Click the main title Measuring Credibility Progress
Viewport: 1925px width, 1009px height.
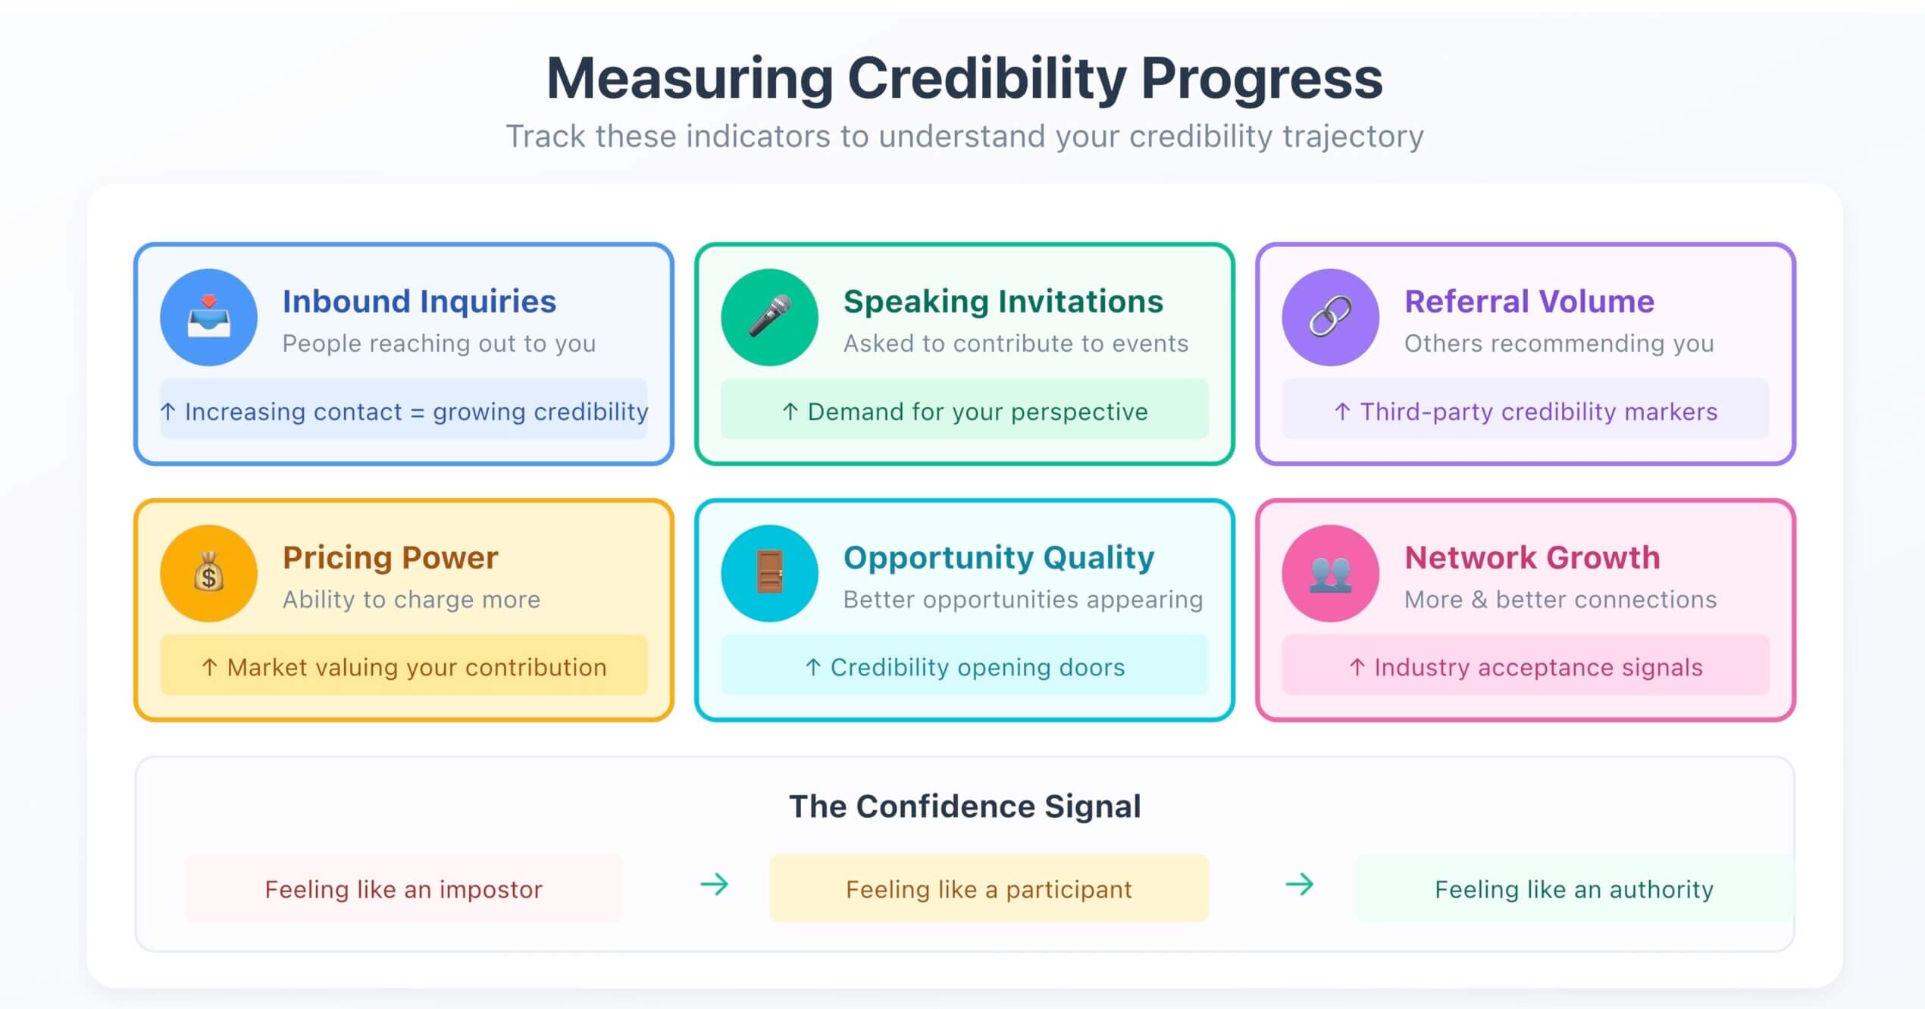coord(964,78)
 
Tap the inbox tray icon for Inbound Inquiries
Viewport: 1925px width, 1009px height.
coord(208,317)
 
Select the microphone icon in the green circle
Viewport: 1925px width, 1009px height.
coord(769,317)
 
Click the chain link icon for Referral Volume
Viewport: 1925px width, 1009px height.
coord(1330,317)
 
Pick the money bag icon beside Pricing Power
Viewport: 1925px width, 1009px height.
coord(208,573)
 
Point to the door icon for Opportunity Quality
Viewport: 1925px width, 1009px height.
coord(769,573)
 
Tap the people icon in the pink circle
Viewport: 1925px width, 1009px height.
coord(1330,573)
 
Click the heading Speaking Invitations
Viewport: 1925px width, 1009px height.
coord(1003,302)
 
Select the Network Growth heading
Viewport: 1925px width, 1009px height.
coord(1532,558)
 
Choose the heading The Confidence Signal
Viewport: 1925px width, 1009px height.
coord(964,807)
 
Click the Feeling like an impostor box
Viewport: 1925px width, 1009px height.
coord(403,888)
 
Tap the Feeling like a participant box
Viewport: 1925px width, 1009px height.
coord(988,888)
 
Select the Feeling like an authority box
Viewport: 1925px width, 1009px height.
coord(1573,888)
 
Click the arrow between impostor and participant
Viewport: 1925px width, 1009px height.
coord(714,884)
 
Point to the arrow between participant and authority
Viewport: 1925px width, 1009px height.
coord(1299,884)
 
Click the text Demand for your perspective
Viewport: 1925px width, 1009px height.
coord(977,412)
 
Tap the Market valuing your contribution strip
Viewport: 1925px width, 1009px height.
coord(403,667)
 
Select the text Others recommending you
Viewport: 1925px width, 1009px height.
coord(1558,343)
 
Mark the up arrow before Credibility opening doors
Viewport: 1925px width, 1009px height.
coord(812,667)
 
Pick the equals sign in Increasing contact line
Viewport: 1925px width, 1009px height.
coord(417,412)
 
